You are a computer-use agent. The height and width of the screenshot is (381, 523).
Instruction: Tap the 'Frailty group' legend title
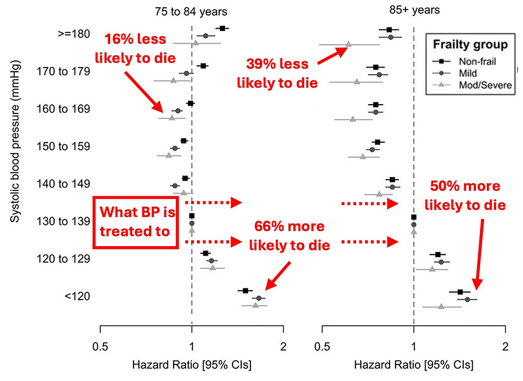[470, 45]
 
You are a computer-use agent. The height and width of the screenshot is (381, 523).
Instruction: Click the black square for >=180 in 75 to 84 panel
[222, 29]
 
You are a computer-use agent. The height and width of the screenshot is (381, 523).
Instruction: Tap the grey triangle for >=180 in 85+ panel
[349, 44]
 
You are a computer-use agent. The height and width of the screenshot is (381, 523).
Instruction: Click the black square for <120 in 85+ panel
[460, 292]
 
